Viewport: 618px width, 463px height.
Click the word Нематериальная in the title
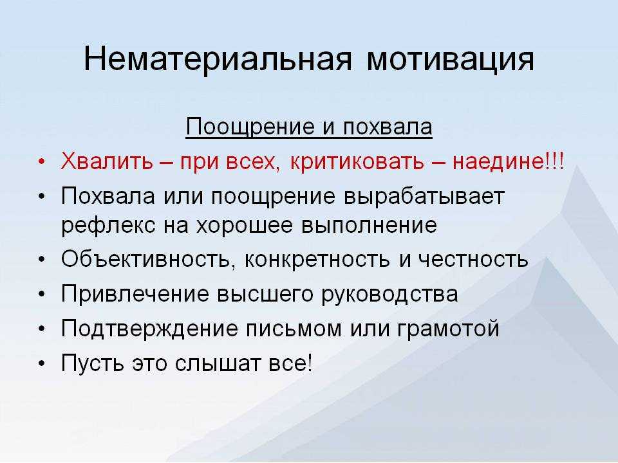218,60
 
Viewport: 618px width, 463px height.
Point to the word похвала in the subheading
388,127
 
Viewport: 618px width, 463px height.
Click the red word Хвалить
106,161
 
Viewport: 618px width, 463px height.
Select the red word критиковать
357,161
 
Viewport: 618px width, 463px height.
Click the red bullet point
42,162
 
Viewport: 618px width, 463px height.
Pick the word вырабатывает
424,196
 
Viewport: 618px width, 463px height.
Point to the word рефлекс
108,226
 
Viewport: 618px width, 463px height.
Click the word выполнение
369,226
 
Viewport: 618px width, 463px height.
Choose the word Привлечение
135,294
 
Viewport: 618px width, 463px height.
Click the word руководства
390,294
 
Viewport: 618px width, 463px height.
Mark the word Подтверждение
149,329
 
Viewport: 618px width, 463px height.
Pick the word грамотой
448,329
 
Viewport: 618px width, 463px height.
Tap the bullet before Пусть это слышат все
42,363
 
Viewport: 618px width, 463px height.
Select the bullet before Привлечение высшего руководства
42,294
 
